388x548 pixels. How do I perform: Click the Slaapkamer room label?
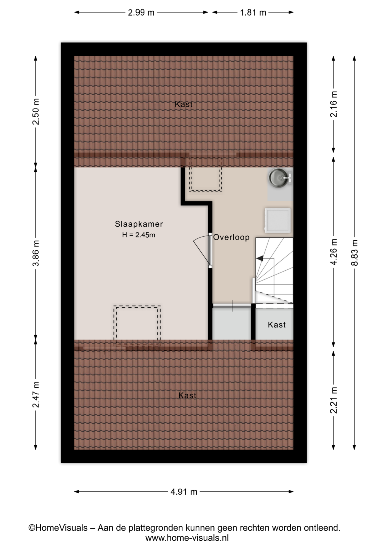[x=139, y=224]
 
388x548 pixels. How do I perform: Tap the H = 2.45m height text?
[x=139, y=235]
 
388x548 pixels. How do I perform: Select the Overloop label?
[x=231, y=237]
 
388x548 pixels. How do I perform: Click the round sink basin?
[x=278, y=178]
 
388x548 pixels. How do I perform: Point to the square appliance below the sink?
[x=278, y=220]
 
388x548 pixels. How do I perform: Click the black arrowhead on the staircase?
[x=260, y=259]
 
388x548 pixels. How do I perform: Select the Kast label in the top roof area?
[x=184, y=104]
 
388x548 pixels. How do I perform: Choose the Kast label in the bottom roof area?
[x=187, y=395]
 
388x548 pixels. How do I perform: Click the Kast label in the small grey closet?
[x=277, y=325]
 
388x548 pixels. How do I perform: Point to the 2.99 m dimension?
[x=141, y=13]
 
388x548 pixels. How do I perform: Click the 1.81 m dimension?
[x=253, y=13]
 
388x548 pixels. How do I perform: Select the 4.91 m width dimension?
[x=184, y=492]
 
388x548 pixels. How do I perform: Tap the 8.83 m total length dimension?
[x=354, y=253]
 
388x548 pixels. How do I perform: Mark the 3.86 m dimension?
[x=36, y=253]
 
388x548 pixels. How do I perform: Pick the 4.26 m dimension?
[x=333, y=252]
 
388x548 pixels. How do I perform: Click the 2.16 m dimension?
[x=333, y=104]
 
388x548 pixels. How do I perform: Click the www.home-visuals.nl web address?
[x=187, y=538]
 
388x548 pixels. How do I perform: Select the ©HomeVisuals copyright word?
[x=58, y=528]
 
